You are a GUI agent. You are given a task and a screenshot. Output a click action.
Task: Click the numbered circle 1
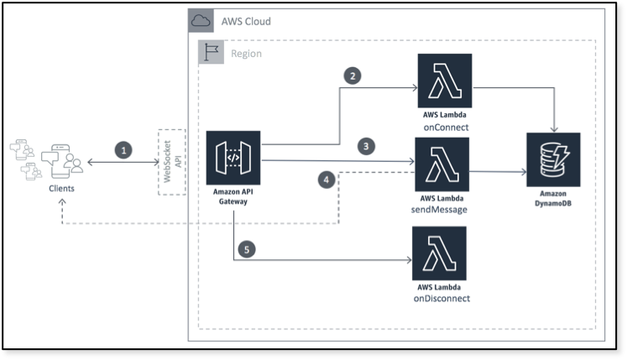coord(123,150)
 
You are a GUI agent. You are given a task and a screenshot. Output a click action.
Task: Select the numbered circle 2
coord(353,76)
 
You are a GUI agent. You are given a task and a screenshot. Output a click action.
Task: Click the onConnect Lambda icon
coord(444,81)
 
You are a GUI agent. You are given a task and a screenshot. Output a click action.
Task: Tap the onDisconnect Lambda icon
coord(439,253)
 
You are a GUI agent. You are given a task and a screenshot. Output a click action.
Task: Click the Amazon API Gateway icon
coord(234,158)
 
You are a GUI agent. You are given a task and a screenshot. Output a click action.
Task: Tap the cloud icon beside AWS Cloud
coord(201,21)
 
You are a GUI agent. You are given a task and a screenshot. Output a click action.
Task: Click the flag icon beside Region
coord(210,53)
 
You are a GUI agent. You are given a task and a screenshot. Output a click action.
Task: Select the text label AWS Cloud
coord(246,21)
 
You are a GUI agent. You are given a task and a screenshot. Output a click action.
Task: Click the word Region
coord(246,54)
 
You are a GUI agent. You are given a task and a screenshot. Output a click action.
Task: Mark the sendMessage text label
coord(441,210)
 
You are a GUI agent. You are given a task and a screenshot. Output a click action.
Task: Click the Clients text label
coord(60,189)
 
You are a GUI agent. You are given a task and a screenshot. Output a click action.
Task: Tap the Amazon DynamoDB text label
coord(553,198)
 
